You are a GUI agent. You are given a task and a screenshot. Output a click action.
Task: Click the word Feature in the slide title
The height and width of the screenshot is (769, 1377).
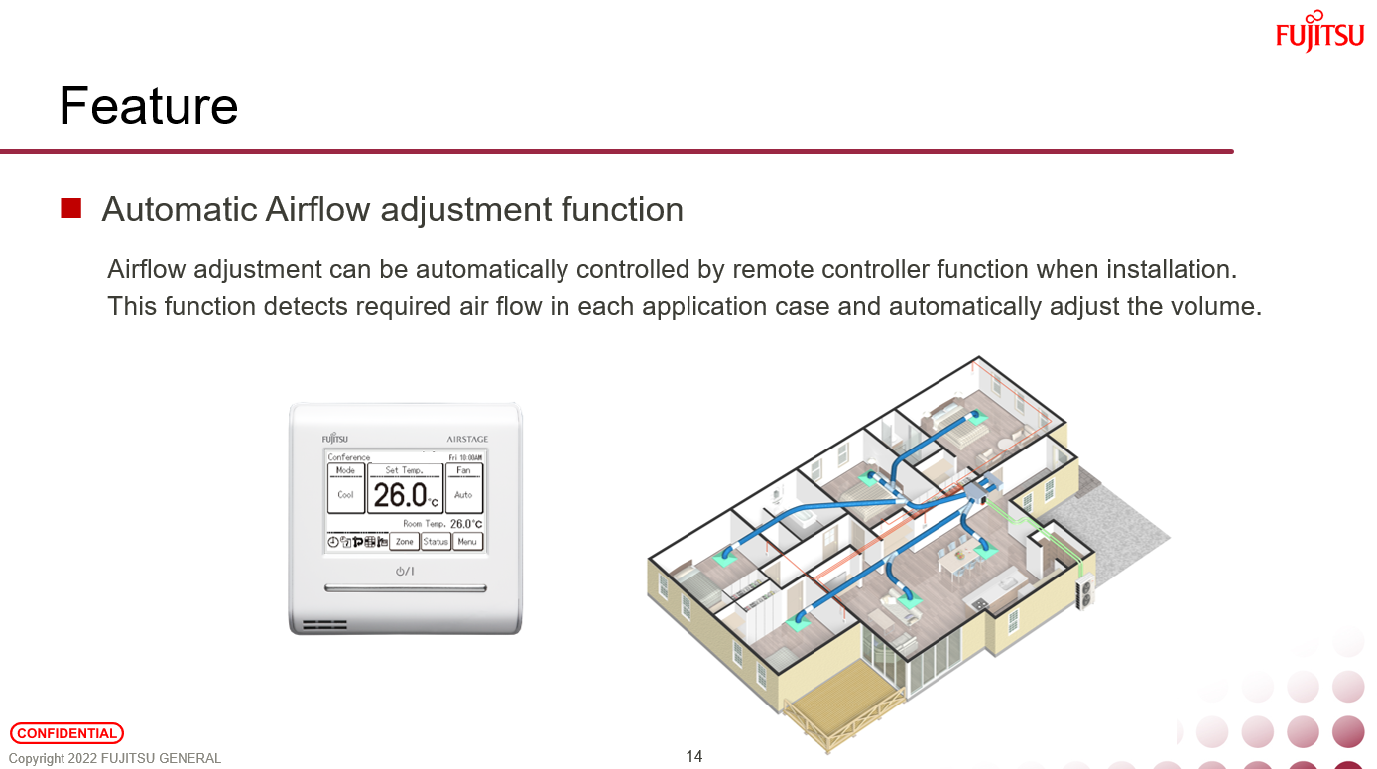pos(149,106)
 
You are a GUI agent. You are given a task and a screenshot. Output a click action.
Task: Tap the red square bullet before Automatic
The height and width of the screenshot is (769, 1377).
pos(70,208)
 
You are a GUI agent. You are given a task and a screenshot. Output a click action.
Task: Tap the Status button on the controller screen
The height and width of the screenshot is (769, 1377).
pos(436,542)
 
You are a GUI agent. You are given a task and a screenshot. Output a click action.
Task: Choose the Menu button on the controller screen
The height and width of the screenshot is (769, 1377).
pos(467,542)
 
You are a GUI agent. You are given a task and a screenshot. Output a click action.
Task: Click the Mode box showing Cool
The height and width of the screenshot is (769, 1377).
pos(345,488)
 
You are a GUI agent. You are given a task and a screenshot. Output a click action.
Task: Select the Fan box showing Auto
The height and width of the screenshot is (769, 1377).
pos(463,488)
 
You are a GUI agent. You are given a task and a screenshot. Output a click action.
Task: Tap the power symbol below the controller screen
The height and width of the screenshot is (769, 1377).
pos(405,571)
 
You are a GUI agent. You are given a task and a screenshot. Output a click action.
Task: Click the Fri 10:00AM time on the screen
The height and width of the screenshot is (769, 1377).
pos(465,457)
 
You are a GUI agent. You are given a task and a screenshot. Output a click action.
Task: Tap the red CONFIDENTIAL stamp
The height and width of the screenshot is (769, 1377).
pos(66,733)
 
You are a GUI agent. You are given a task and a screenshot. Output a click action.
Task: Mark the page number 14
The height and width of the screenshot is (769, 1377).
pos(694,757)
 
